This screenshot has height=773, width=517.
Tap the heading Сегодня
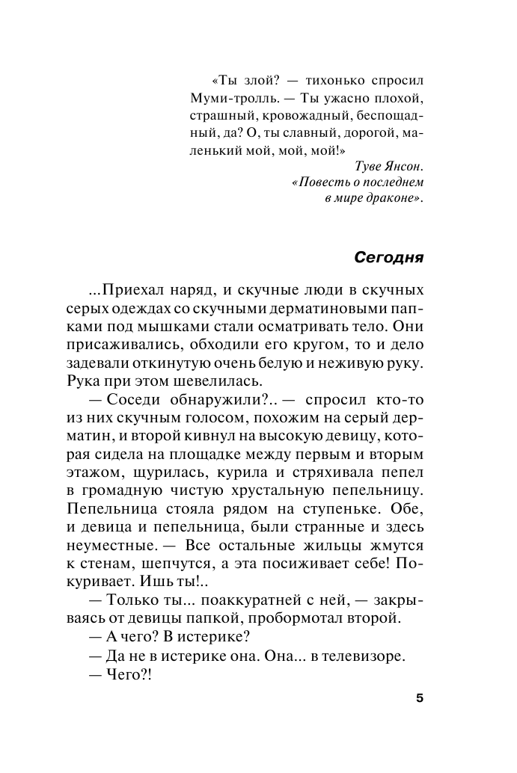pos(388,256)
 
